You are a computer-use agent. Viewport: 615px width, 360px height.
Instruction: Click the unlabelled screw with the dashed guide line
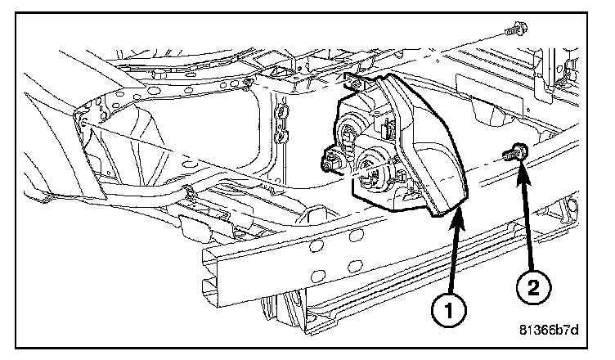coord(514,30)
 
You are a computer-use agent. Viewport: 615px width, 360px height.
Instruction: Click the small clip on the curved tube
coord(189,193)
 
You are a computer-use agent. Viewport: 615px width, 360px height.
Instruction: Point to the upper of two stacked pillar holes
coord(281,110)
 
